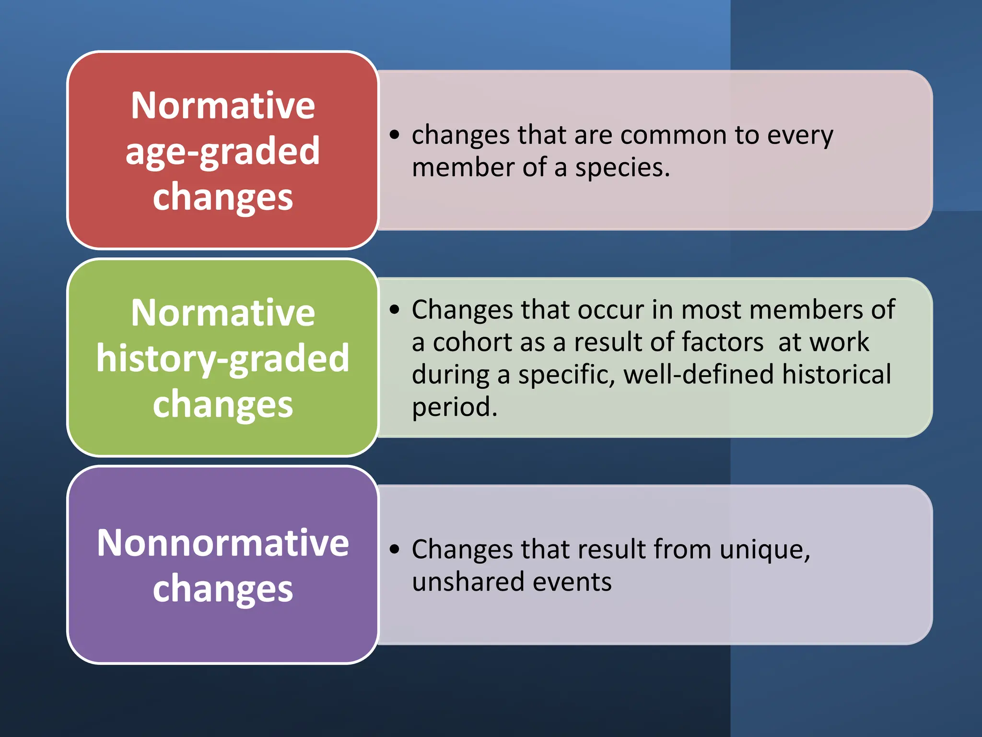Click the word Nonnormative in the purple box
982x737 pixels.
pos(222,543)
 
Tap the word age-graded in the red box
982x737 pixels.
pos(222,152)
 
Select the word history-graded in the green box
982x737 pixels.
pos(222,358)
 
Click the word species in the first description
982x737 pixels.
pos(622,168)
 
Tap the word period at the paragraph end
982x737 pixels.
pos(454,407)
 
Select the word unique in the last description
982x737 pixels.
pos(764,549)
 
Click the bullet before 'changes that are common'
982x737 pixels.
pos(394,135)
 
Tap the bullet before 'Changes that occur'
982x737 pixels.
pos(394,309)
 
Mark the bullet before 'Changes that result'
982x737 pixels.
pos(394,549)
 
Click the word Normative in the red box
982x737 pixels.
pos(222,106)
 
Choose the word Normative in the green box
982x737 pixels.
pos(222,313)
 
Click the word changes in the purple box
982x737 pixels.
pos(222,589)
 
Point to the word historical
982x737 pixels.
pos(836,375)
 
